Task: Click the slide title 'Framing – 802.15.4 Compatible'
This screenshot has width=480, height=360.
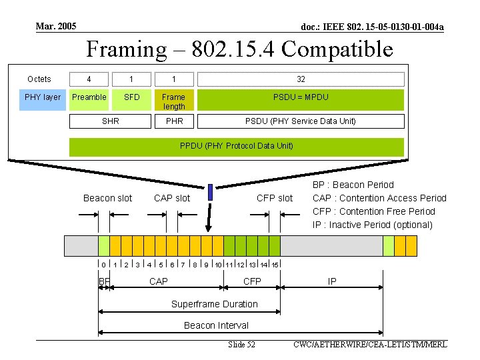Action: (240, 49)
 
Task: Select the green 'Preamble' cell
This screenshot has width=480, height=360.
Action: (89, 97)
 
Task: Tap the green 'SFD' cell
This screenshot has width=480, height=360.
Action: (132, 97)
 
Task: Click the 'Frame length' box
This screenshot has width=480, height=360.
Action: (174, 101)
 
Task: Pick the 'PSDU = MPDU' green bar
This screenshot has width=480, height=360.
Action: (301, 97)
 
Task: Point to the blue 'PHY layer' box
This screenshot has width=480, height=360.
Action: (43, 97)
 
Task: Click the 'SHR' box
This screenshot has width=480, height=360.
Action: (111, 121)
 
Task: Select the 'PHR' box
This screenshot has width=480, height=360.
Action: (174, 121)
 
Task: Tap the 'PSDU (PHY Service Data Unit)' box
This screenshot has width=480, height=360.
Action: (301, 121)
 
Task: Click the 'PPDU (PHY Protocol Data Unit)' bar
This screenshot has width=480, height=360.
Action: (237, 146)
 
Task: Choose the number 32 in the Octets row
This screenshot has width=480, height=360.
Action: (301, 79)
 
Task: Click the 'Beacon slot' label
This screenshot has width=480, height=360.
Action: (107, 198)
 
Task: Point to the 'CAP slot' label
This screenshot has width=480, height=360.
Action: (172, 198)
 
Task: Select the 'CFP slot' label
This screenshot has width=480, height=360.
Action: (275, 198)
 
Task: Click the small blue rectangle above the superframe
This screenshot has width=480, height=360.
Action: (210, 192)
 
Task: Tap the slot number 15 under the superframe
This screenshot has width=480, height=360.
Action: (275, 265)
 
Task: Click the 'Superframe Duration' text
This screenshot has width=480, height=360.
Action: (215, 304)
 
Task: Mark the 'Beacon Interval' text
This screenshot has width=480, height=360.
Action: (216, 325)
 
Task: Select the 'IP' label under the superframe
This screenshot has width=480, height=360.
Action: (332, 282)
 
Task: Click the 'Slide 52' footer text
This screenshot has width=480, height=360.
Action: (241, 345)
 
